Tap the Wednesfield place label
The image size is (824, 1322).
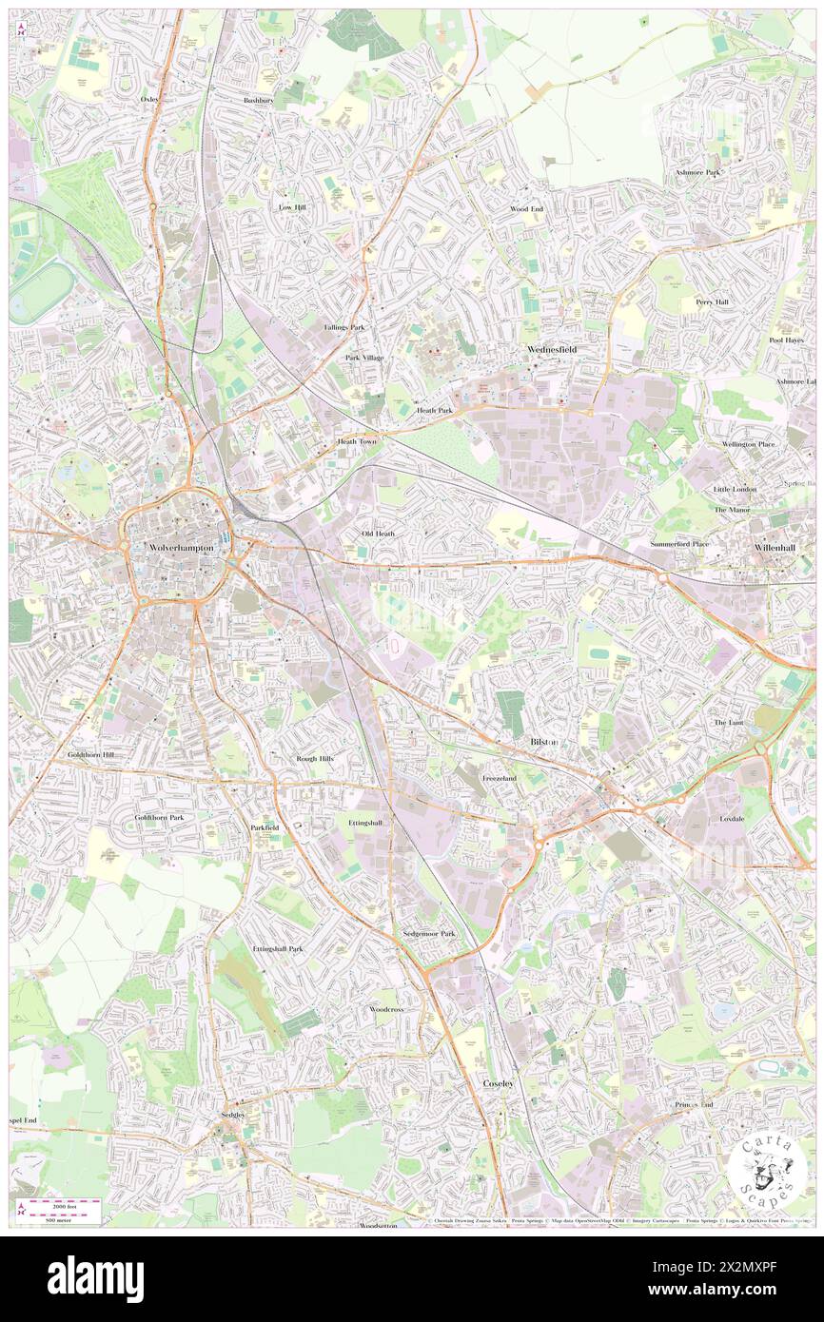pos(552,349)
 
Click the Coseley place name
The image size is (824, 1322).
pos(498,1083)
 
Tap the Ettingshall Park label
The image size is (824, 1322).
pos(277,948)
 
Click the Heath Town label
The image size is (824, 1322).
pos(357,442)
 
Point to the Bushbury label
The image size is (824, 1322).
pos(258,100)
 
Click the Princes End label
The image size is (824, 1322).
pos(694,1104)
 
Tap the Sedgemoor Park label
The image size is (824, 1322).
pos(428,934)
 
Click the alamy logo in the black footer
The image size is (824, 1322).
pos(96,1279)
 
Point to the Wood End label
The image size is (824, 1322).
pos(525,208)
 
